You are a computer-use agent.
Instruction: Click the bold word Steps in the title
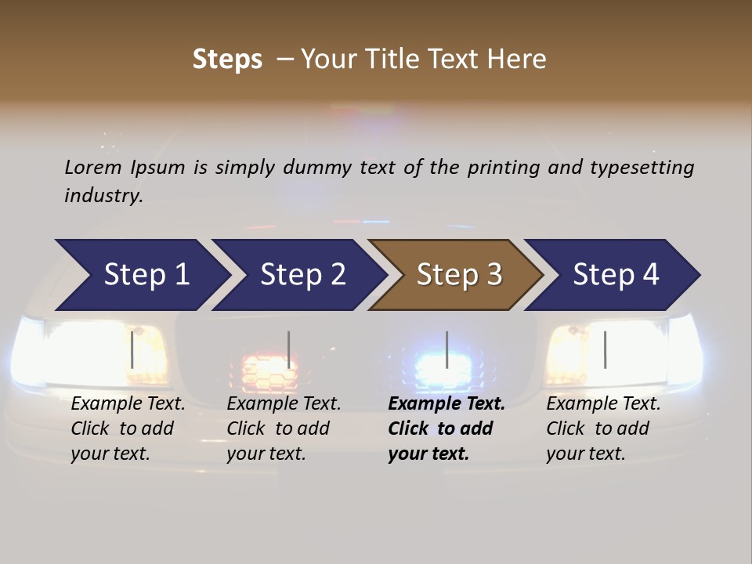click(227, 60)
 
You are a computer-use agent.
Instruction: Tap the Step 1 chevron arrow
click(145, 275)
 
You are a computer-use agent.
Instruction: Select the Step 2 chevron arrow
click(302, 275)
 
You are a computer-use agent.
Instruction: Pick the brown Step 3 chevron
click(458, 275)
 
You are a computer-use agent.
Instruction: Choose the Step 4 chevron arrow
click(615, 275)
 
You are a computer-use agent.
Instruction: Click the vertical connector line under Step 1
click(132, 349)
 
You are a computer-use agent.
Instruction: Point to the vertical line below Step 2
click(289, 349)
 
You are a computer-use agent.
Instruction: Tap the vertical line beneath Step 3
click(447, 349)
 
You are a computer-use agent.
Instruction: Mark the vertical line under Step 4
click(606, 349)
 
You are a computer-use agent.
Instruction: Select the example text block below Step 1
click(128, 428)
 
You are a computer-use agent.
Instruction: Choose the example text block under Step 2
click(284, 428)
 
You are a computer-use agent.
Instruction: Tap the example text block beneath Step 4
click(603, 428)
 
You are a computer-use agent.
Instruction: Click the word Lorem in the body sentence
click(93, 167)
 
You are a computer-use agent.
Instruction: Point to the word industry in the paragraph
click(103, 196)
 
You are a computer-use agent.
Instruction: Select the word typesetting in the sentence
click(649, 168)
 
